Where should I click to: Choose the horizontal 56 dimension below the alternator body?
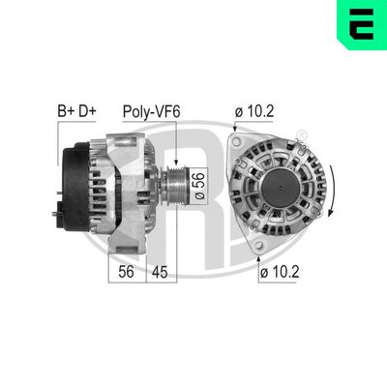tap(125, 272)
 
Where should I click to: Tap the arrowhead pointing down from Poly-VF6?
tap(176, 138)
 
